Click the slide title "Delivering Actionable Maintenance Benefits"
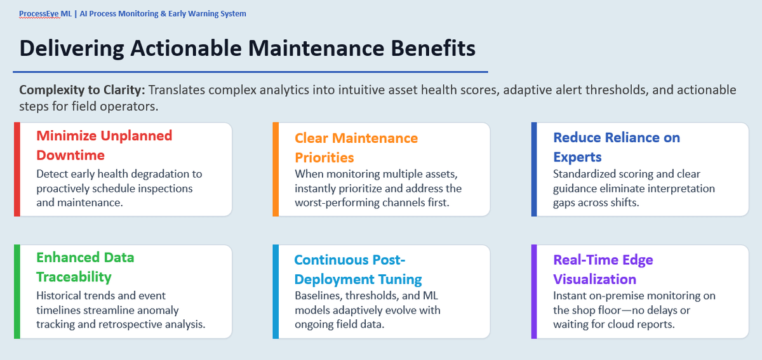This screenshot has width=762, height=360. (247, 48)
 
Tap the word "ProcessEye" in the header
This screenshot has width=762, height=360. (39, 14)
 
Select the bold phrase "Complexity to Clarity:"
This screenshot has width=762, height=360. (82, 90)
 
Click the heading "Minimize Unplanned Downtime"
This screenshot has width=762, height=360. (104, 145)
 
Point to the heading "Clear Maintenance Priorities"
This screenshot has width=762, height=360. (356, 148)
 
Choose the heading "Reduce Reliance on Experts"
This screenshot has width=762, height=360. (617, 147)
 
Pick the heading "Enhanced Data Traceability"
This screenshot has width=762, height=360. (85, 267)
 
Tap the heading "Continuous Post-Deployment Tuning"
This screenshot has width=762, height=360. (358, 269)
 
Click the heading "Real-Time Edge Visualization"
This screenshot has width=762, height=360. (603, 269)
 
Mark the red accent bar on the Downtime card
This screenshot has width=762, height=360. (17, 169)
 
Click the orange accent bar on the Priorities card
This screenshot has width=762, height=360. (276, 169)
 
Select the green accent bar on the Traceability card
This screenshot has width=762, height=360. (17, 291)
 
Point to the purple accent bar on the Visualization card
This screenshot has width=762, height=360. (534, 291)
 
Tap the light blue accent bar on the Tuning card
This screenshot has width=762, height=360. (276, 291)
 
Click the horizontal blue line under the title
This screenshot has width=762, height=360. (250, 72)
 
